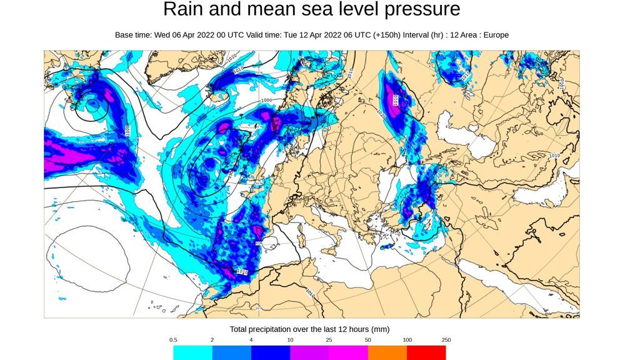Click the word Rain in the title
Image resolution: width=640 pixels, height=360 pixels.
(181, 9)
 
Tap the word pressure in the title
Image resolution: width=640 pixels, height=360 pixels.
(419, 9)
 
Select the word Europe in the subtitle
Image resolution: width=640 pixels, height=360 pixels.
(495, 35)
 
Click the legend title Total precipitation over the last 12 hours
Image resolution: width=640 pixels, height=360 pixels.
(310, 329)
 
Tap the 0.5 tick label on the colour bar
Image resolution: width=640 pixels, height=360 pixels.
(173, 340)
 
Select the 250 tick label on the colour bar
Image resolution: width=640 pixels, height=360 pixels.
(446, 340)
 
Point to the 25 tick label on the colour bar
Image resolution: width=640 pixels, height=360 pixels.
(329, 340)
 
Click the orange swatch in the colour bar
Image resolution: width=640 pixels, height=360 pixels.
(387, 353)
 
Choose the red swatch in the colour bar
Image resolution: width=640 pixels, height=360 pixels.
(426, 353)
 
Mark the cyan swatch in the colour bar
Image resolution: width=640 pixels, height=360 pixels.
(192, 353)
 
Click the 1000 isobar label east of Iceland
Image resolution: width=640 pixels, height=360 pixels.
(266, 100)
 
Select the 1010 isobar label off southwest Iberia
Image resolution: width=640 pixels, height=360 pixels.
(242, 272)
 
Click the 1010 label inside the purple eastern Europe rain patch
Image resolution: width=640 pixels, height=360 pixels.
(396, 99)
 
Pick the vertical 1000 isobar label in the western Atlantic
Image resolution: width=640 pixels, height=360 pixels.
(127, 131)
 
